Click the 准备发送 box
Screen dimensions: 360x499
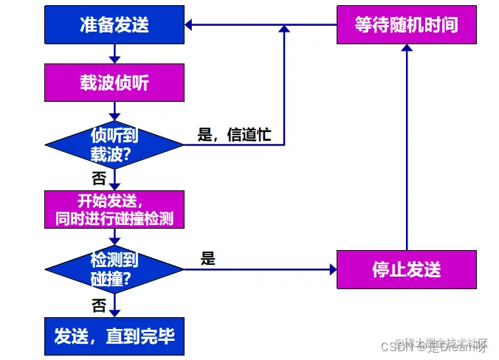pyautogui.click(x=114, y=25)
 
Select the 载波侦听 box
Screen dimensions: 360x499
pyautogui.click(x=114, y=82)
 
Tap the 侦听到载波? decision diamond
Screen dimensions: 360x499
pyautogui.click(x=114, y=144)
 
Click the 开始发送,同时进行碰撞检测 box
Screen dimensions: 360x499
pyautogui.click(x=114, y=210)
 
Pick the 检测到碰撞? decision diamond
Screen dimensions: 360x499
pyautogui.click(x=114, y=269)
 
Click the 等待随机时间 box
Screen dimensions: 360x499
pyautogui.click(x=406, y=25)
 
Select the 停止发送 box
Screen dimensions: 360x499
pyautogui.click(x=406, y=269)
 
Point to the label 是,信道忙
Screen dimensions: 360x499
pyautogui.click(x=235, y=134)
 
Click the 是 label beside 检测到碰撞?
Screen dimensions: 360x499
pyautogui.click(x=208, y=259)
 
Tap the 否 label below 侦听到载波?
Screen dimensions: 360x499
pyautogui.click(x=98, y=178)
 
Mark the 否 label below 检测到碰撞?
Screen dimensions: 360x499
pyautogui.click(x=98, y=305)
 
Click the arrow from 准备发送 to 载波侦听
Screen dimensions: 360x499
pyautogui.click(x=114, y=52)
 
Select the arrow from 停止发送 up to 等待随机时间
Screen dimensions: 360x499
pyautogui.click(x=406, y=148)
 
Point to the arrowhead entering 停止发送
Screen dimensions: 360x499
pyautogui.click(x=332, y=269)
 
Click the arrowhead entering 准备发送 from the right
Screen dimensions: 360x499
pyautogui.click(x=189, y=25)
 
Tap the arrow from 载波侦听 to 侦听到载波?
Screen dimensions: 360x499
pyautogui.click(x=114, y=110)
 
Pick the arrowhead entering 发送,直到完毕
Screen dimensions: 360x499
pyautogui.click(x=114, y=313)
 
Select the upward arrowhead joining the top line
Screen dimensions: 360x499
pyautogui.click(x=284, y=30)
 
